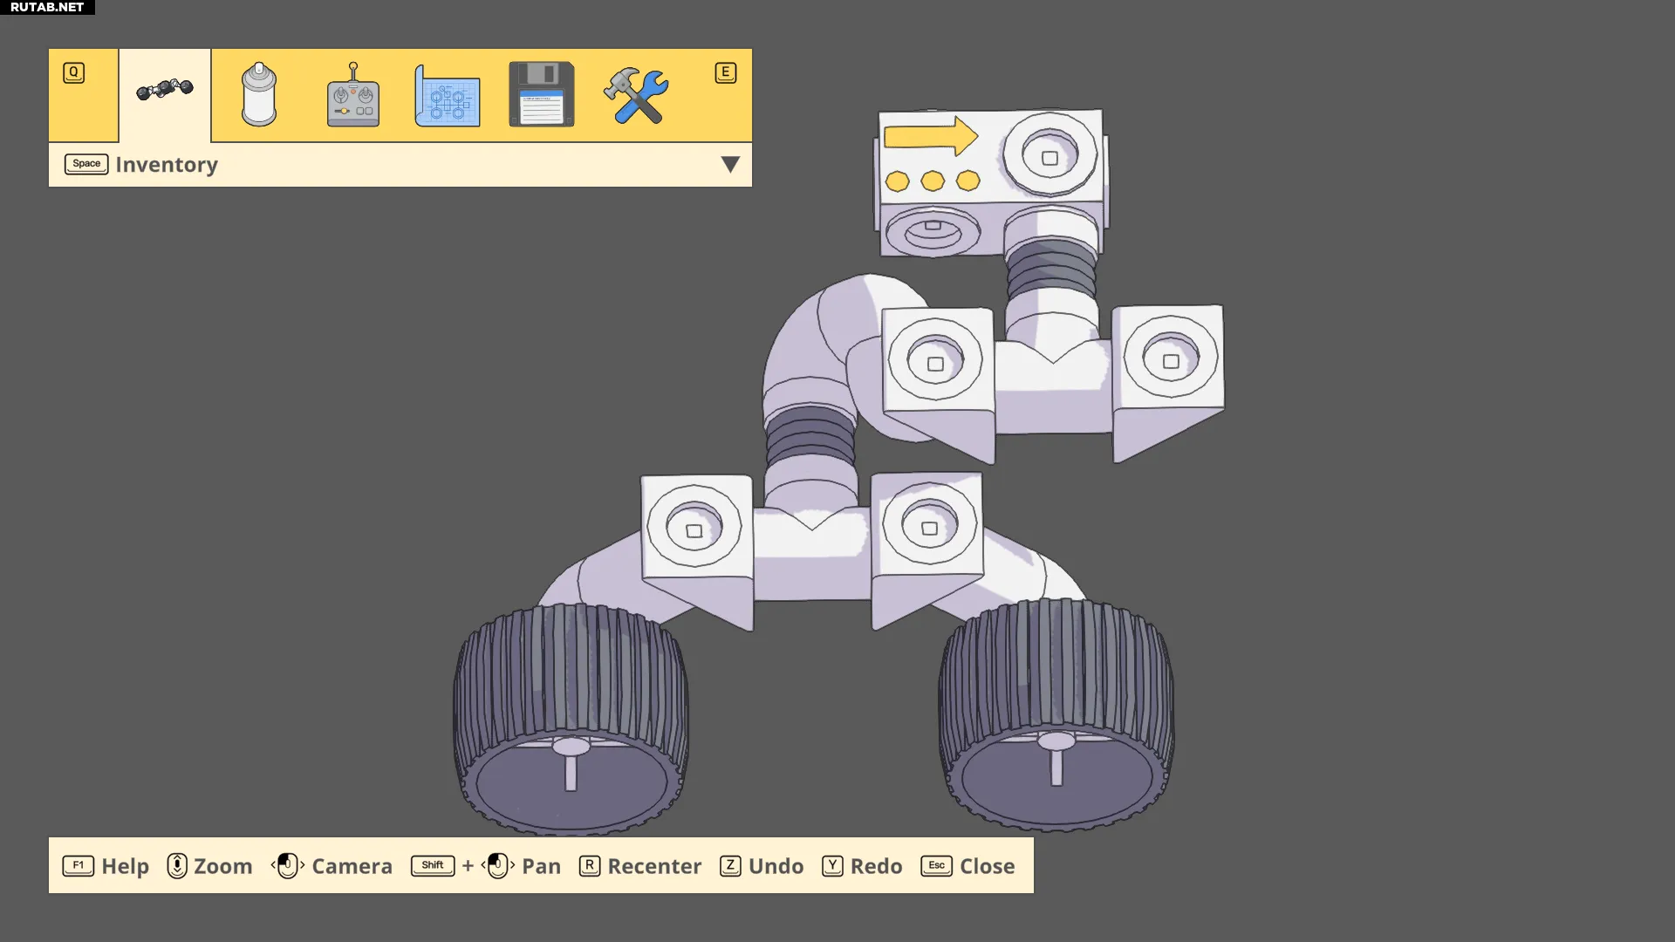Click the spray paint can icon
259,94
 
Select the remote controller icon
353,95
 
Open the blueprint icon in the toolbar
447,96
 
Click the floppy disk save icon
541,94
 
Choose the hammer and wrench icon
636,95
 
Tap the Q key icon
74,72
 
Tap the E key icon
725,72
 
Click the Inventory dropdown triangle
730,164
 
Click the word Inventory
167,165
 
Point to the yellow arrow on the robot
931,136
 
